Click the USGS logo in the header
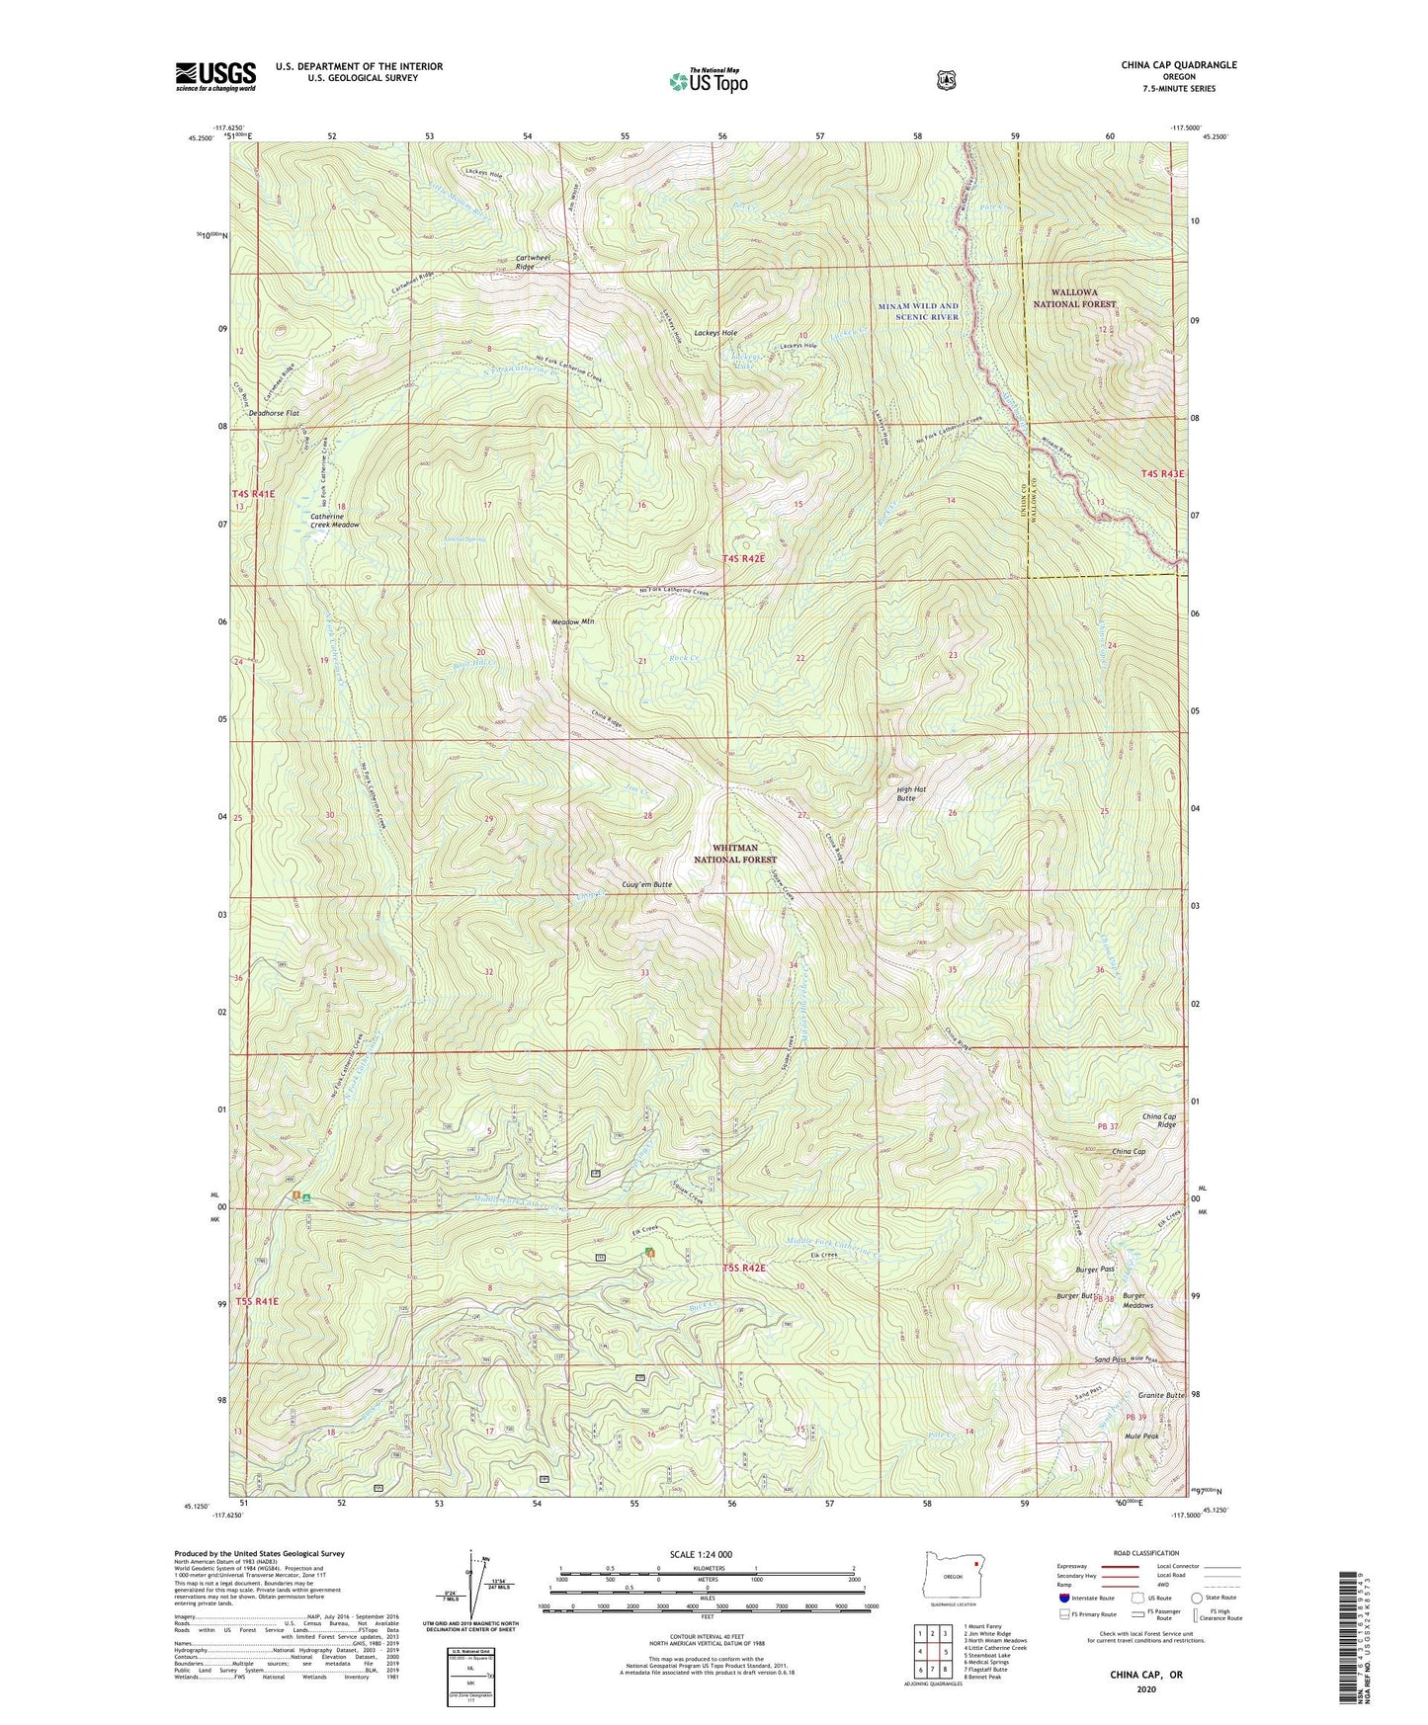coord(215,76)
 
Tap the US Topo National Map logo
coord(707,81)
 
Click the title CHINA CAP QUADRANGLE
coord(1178,65)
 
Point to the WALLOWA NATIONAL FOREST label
coord(1074,298)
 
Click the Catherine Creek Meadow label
coord(335,521)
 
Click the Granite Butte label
coord(1161,1395)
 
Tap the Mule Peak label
coord(1141,1437)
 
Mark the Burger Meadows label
coord(1137,1300)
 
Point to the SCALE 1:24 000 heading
coord(701,1554)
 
